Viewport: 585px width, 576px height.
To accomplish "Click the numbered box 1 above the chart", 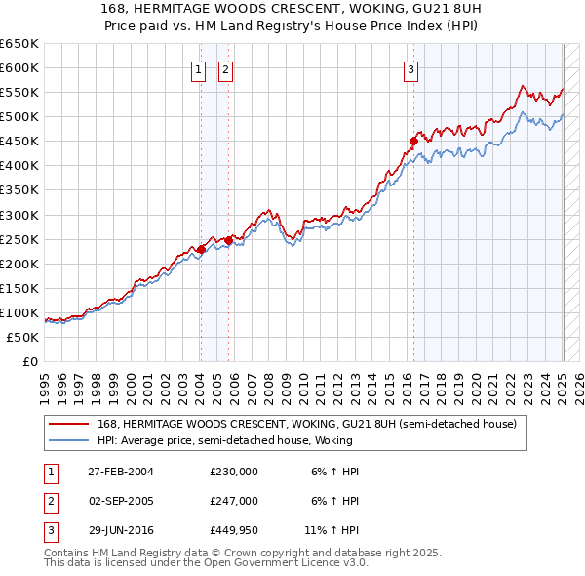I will [x=199, y=69].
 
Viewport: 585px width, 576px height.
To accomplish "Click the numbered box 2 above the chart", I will [x=225, y=69].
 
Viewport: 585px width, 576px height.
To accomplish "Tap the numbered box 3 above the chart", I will [x=411, y=69].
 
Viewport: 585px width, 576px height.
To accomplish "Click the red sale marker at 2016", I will [x=413, y=141].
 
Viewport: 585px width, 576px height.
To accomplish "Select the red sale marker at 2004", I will [x=201, y=249].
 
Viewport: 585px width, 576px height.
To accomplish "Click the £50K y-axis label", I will [x=24, y=338].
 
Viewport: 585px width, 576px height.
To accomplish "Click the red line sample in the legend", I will [x=67, y=424].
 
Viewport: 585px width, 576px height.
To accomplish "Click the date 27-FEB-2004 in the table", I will [x=121, y=471].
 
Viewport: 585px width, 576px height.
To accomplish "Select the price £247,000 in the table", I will [x=234, y=501].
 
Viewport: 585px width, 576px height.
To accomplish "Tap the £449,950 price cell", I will [x=234, y=531].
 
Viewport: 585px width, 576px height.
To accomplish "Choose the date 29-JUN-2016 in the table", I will [x=121, y=531].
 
